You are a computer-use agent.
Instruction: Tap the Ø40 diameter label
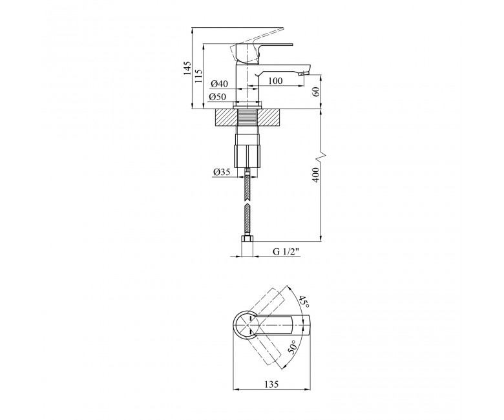point(219,84)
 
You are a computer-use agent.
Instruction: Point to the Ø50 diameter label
point(218,96)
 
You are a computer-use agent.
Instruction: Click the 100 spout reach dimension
point(275,81)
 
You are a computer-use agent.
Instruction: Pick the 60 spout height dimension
point(316,92)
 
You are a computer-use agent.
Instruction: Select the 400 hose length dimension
point(316,174)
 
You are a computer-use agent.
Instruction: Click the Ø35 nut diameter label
point(222,173)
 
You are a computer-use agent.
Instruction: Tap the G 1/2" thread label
point(286,251)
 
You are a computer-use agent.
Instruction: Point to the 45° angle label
point(304,302)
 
